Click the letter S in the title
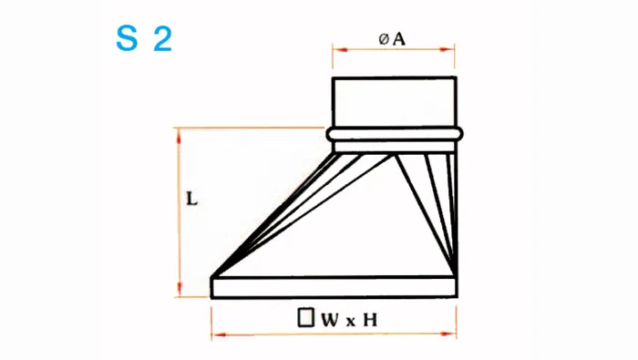click(127, 38)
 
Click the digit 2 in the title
click(163, 39)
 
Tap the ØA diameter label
click(392, 39)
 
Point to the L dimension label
click(191, 199)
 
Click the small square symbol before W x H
click(306, 318)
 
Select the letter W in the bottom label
click(330, 320)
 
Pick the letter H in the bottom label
click(370, 320)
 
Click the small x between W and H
click(350, 322)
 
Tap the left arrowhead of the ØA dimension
click(340, 49)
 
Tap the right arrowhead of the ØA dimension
click(447, 49)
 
